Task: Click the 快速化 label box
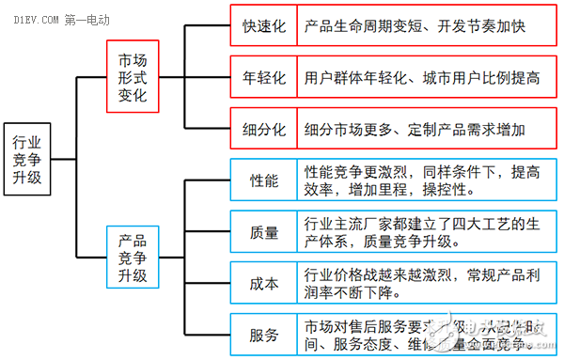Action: (x=263, y=26)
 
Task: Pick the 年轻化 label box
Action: (x=263, y=78)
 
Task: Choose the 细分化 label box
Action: (x=263, y=129)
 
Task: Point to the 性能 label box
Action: (x=263, y=180)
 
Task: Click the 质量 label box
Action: (x=263, y=232)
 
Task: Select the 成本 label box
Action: (x=263, y=284)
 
